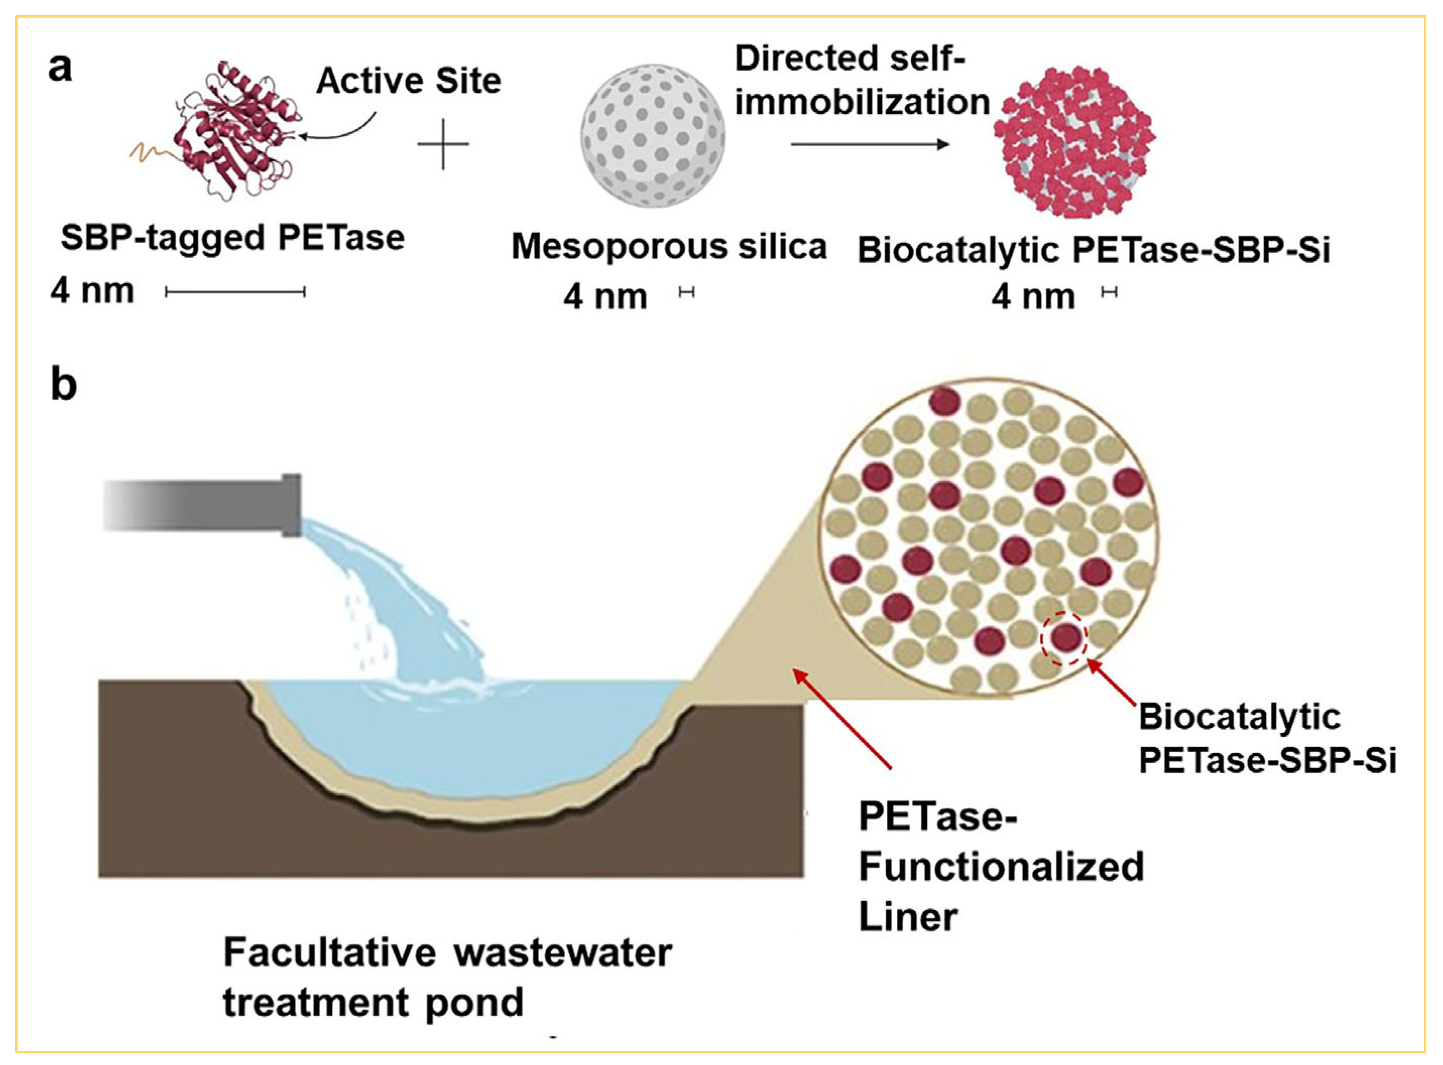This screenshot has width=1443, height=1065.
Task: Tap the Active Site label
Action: click(x=408, y=81)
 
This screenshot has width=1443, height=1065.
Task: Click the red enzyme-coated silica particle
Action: click(x=1074, y=141)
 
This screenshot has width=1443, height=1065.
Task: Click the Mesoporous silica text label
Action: click(x=669, y=247)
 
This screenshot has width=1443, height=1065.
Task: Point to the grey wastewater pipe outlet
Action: click(x=203, y=506)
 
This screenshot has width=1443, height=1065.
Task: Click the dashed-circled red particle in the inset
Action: click(x=1065, y=637)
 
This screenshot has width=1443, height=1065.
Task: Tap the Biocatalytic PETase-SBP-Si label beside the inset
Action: click(x=1267, y=738)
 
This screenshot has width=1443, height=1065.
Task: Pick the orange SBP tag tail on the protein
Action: click(x=152, y=153)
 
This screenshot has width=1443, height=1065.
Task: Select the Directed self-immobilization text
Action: click(x=862, y=81)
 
